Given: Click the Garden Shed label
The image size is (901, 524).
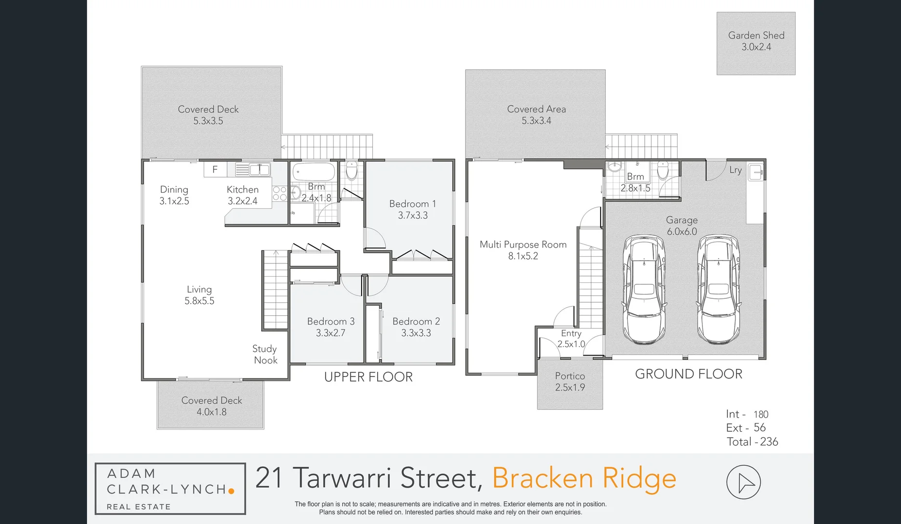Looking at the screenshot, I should [x=756, y=35].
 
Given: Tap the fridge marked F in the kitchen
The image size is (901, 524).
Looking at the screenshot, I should [x=215, y=169].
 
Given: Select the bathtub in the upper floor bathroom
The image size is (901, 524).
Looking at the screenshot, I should [x=314, y=172].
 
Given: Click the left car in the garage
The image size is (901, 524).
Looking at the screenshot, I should [x=644, y=289].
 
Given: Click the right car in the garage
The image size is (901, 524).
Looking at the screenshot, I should [x=718, y=289].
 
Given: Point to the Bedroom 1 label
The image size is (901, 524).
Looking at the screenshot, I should [x=413, y=204].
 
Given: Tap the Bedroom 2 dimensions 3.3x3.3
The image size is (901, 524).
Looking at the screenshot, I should [x=416, y=333].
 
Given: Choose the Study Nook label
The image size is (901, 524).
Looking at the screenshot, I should [x=265, y=355].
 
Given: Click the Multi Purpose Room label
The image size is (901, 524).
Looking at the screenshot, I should [x=523, y=245].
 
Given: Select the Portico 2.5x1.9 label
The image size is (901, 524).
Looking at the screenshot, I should [x=570, y=382].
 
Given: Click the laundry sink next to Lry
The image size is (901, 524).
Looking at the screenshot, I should [x=755, y=172].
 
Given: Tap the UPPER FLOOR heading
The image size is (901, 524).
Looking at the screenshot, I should [x=368, y=377].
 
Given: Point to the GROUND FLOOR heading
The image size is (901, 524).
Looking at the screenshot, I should [x=688, y=374].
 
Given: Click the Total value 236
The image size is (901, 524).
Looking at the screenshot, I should [x=769, y=442].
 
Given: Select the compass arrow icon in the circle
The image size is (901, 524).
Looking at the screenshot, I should [x=743, y=482].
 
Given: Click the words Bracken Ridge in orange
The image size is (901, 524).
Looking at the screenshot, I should [x=584, y=478].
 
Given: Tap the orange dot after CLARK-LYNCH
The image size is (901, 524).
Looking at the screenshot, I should [x=232, y=491].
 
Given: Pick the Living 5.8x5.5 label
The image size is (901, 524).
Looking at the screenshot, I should [x=199, y=295].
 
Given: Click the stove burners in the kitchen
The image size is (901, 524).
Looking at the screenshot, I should [x=280, y=194].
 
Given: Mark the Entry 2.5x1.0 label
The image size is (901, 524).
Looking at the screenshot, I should [x=571, y=339].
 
